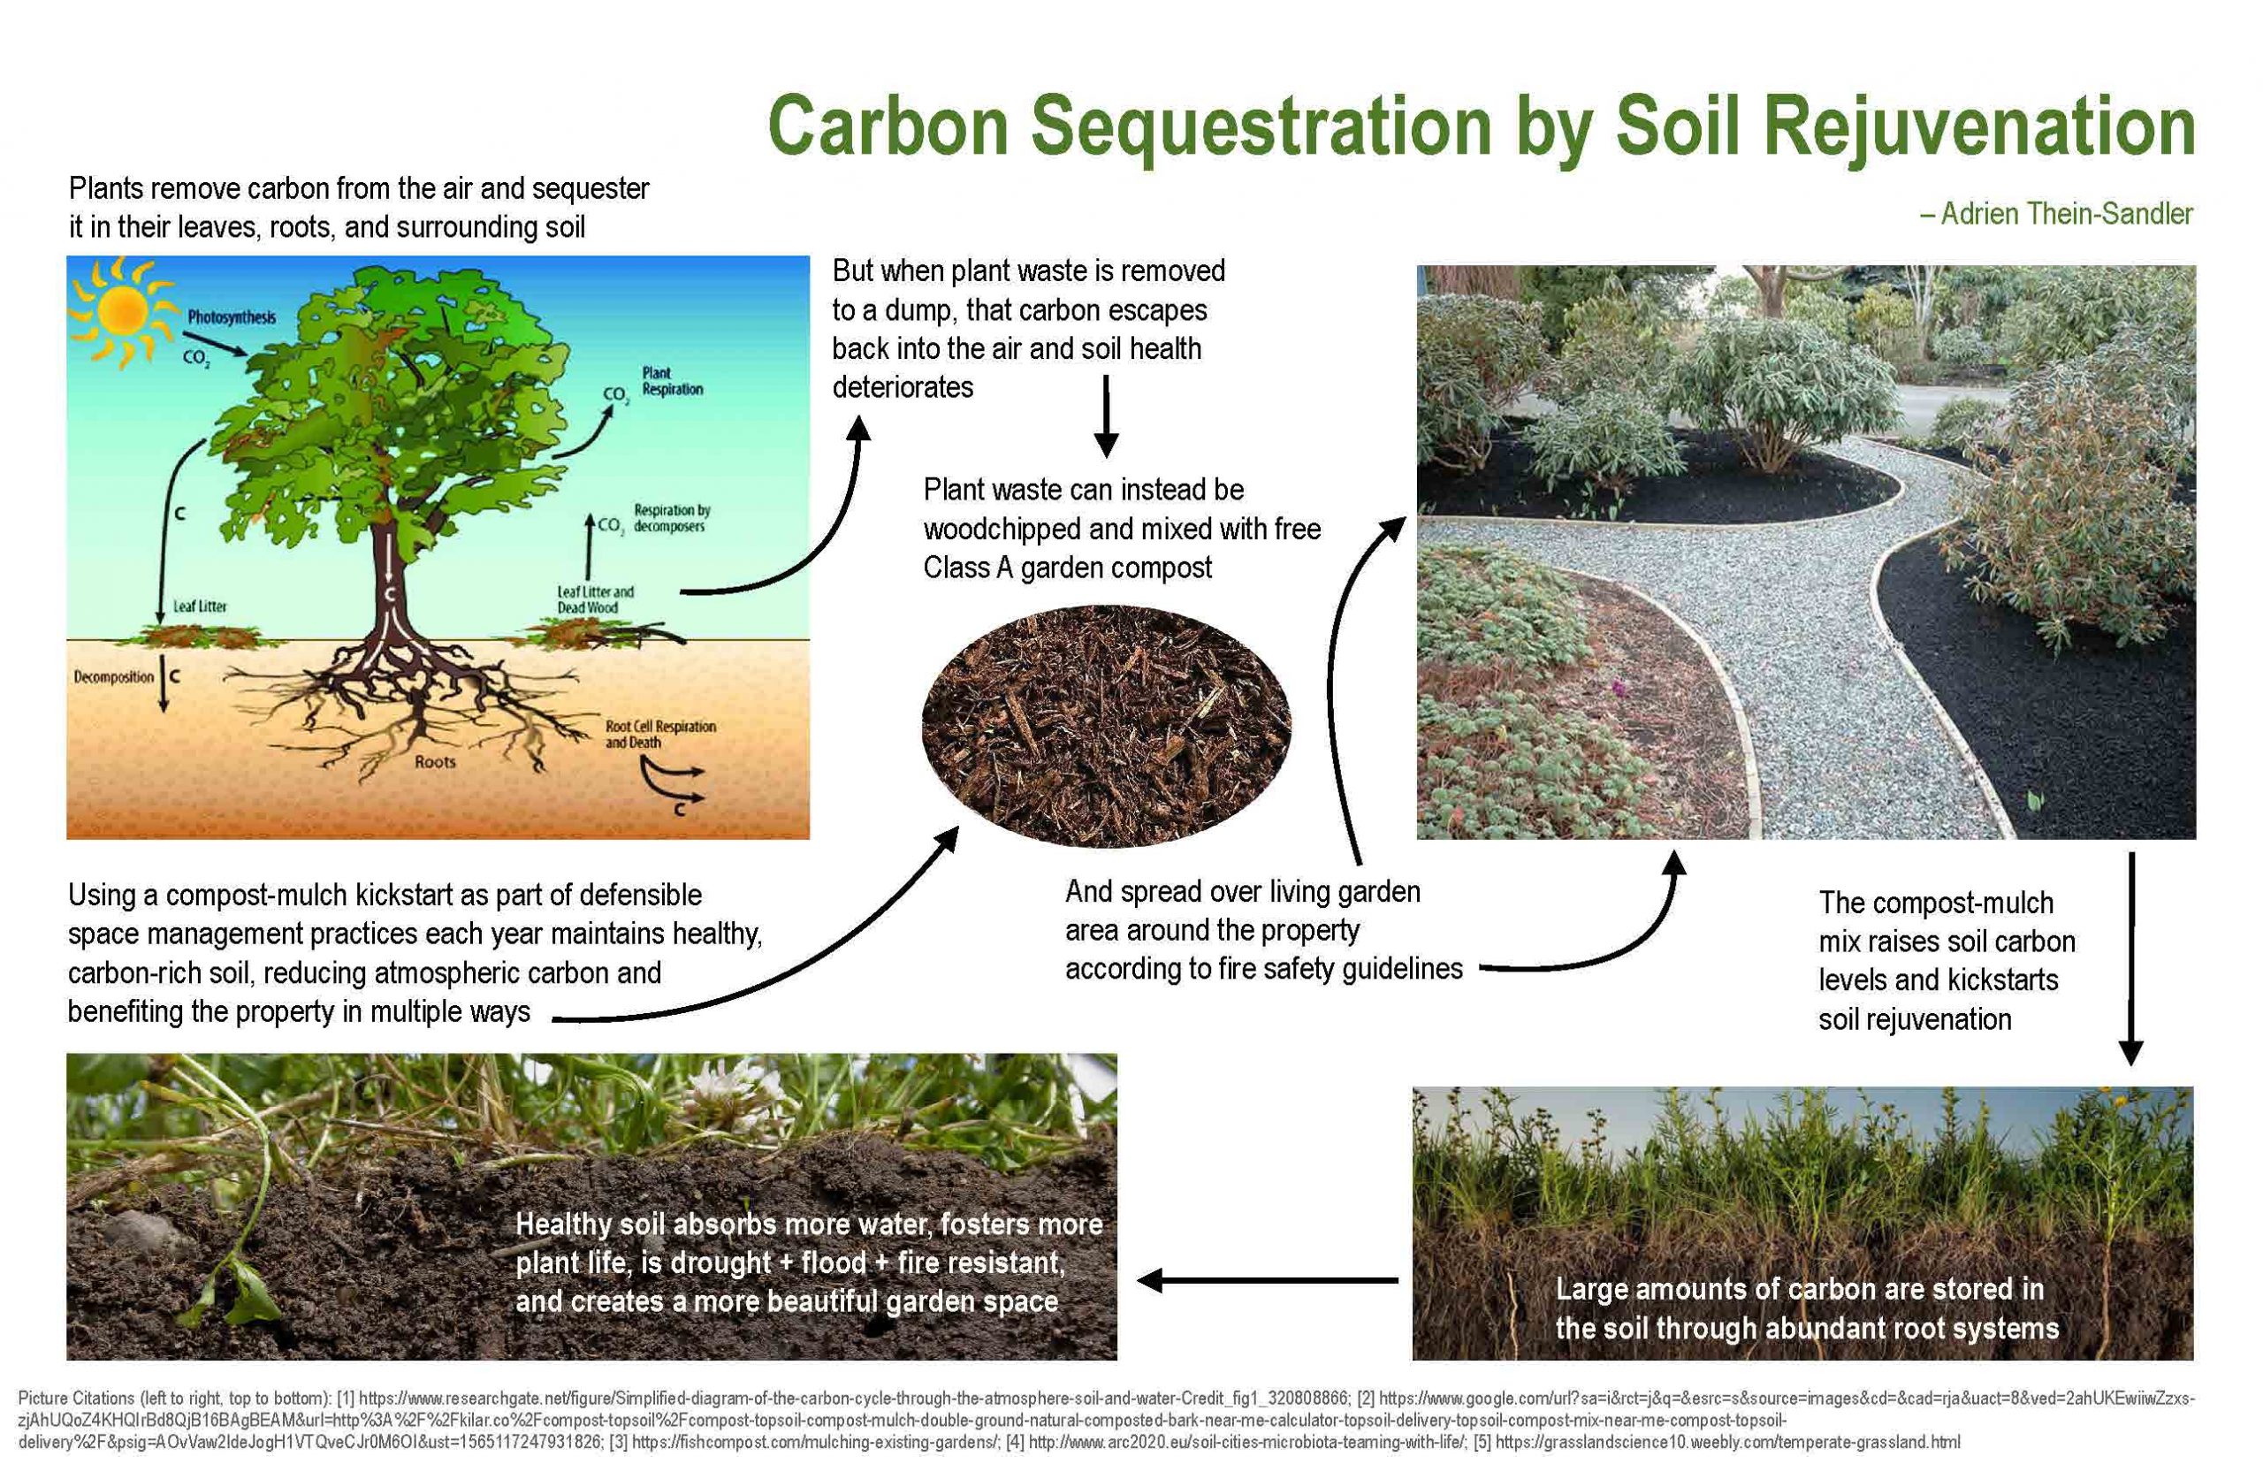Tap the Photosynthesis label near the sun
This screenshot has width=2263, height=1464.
231,316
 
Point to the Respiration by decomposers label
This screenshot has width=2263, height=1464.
672,518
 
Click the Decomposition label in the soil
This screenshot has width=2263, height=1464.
113,677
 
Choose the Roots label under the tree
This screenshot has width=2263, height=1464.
434,761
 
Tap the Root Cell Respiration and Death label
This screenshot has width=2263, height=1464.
660,734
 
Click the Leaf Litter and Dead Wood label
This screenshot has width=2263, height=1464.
595,599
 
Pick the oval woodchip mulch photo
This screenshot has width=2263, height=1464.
1107,725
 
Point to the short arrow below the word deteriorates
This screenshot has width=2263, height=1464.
1105,416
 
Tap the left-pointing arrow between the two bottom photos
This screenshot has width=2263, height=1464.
1267,1280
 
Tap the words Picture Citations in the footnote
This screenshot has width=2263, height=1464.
76,1399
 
